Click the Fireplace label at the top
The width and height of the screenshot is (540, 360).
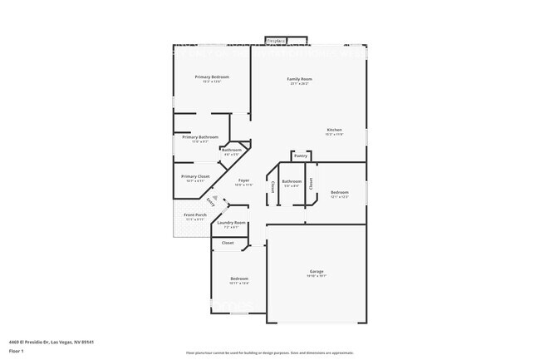(277, 40)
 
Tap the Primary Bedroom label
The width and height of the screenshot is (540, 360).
(212, 76)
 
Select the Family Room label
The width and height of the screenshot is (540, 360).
(299, 79)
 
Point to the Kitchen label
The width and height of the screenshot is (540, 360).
(334, 130)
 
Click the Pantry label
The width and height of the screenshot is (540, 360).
(300, 155)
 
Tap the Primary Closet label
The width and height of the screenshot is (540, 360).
(196, 176)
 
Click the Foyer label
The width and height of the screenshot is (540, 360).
(243, 180)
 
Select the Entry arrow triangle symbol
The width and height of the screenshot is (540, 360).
(214, 198)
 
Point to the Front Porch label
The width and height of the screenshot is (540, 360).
(194, 215)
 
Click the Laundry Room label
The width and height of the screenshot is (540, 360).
(231, 223)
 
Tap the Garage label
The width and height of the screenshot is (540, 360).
(317, 271)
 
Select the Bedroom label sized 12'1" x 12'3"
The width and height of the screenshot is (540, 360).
(339, 192)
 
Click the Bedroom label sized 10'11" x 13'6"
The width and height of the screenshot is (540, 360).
(238, 279)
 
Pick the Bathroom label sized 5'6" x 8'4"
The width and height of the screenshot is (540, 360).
(292, 181)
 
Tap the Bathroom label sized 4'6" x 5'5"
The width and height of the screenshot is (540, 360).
(231, 150)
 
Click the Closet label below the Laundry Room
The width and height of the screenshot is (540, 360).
(227, 243)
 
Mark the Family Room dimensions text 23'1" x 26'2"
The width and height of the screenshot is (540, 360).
(299, 84)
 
